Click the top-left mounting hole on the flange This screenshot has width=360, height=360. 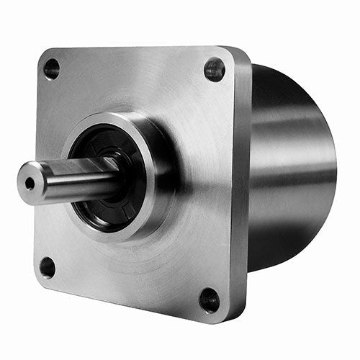(x=52, y=69)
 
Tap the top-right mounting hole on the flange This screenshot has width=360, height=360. (x=215, y=69)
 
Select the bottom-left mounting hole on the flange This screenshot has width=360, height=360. (x=48, y=267)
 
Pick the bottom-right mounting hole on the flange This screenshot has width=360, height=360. (x=210, y=299)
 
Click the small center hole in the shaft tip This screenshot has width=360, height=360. (x=30, y=183)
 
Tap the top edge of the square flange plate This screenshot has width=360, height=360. (x=137, y=49)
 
